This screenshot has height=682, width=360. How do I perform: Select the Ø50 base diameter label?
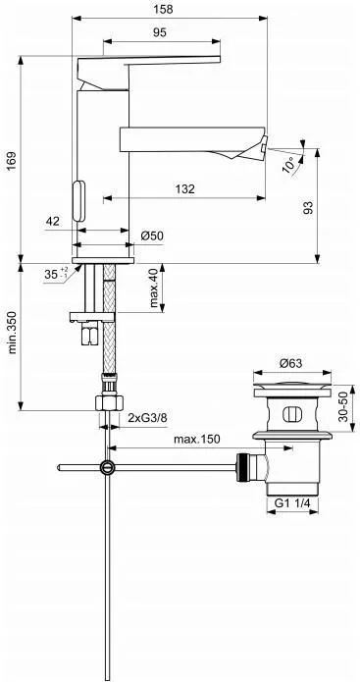[152, 236]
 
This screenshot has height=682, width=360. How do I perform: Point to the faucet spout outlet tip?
[261, 147]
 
